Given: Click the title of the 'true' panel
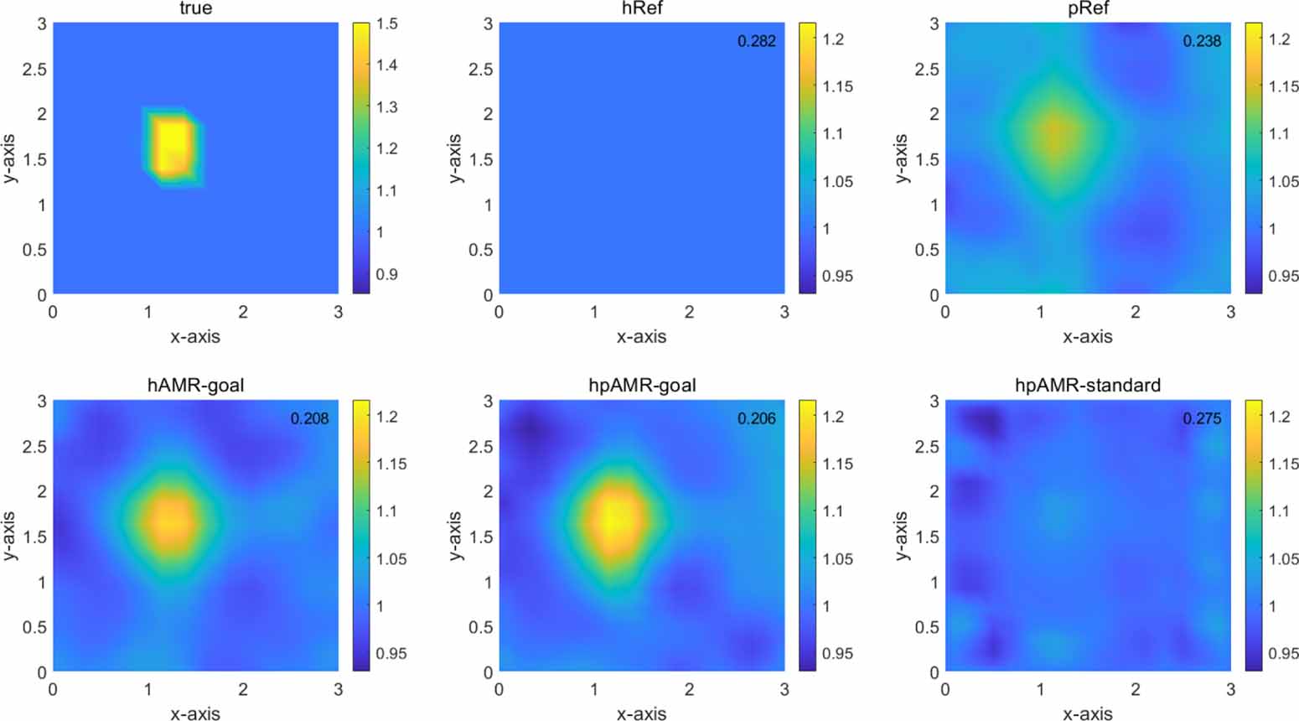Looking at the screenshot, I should (195, 8).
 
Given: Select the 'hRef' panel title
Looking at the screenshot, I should (641, 8).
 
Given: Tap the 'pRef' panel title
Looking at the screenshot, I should (1088, 8).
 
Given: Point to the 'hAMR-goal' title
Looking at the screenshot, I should (195, 385).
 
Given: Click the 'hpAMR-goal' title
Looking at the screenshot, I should (641, 385).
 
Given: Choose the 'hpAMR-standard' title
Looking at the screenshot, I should (1088, 385).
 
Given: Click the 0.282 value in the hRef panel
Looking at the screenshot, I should (756, 41).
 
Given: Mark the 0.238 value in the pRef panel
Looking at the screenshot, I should (1202, 41).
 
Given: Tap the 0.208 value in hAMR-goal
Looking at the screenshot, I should (309, 418).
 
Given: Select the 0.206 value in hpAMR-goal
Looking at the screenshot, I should (756, 418).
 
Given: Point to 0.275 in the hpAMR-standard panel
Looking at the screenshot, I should (1202, 418).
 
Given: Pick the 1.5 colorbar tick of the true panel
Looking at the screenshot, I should (386, 23).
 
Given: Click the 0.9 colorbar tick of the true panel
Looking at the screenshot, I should (386, 274).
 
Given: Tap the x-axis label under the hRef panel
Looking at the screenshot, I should (641, 337).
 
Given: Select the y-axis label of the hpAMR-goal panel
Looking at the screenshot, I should (454, 536).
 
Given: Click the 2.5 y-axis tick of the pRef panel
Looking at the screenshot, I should (926, 69).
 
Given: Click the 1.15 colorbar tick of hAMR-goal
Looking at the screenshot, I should (390, 464).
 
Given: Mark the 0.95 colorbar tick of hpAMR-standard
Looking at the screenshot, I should (1282, 653).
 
